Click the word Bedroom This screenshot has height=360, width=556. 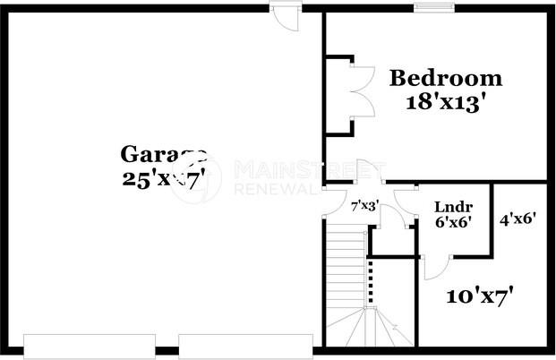point(446,78)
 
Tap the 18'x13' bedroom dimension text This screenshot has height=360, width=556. point(446,100)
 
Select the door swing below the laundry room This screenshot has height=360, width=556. point(435,266)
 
